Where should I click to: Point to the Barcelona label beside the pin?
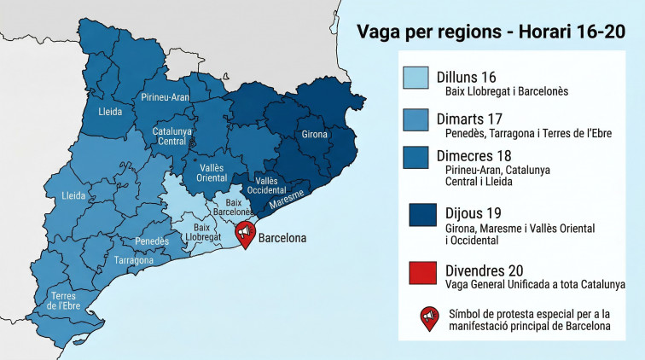[x=282, y=238]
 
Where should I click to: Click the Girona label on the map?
[x=315, y=135]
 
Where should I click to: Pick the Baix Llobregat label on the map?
[x=203, y=233]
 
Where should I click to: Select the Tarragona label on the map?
[x=134, y=259]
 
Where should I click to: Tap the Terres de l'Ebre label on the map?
[x=65, y=299]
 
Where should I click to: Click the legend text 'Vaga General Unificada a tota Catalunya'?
[x=535, y=284]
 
